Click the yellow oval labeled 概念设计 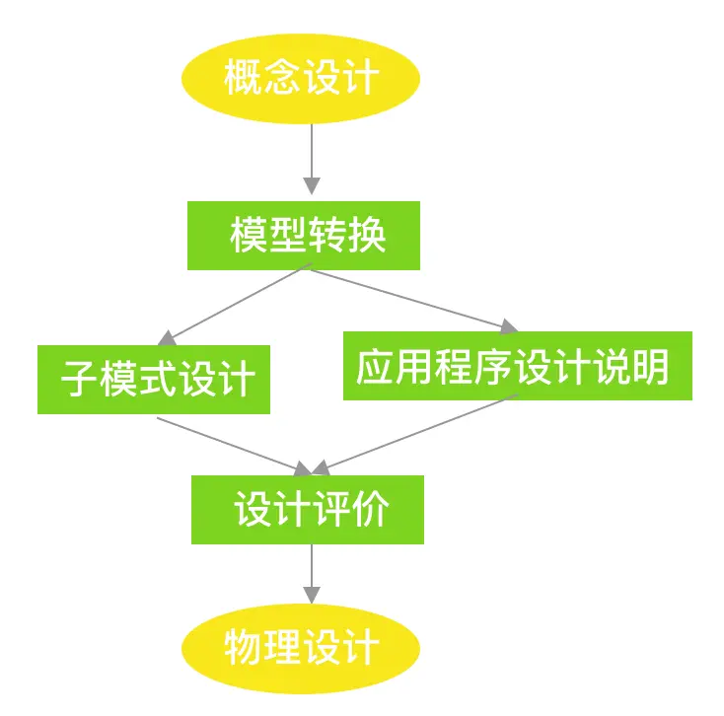pyautogui.click(x=302, y=77)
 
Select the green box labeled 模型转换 pyautogui.click(x=304, y=236)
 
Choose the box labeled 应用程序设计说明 pyautogui.click(x=517, y=366)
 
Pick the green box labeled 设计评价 pyautogui.click(x=308, y=510)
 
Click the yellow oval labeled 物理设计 pyautogui.click(x=302, y=648)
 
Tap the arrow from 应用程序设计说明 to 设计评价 pyautogui.click(x=414, y=434)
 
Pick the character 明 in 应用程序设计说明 pyautogui.click(x=651, y=367)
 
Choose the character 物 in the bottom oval pyautogui.click(x=243, y=649)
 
